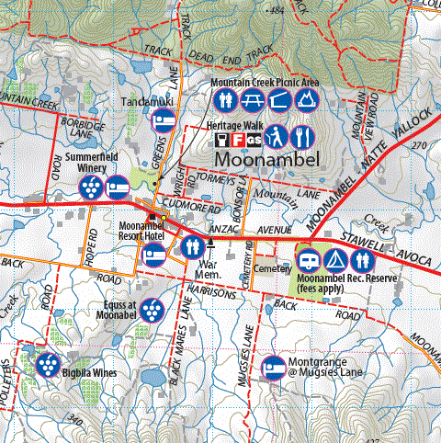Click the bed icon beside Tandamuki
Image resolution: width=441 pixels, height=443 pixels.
164,120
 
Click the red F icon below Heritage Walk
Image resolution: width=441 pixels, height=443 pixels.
238,139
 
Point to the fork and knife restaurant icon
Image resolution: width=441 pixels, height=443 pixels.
304,137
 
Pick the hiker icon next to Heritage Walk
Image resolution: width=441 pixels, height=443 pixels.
278,137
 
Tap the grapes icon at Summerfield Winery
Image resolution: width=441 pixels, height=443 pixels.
90,188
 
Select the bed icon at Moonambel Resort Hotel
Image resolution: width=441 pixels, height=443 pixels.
154,251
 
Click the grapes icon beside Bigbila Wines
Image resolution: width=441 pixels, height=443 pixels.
46,364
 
